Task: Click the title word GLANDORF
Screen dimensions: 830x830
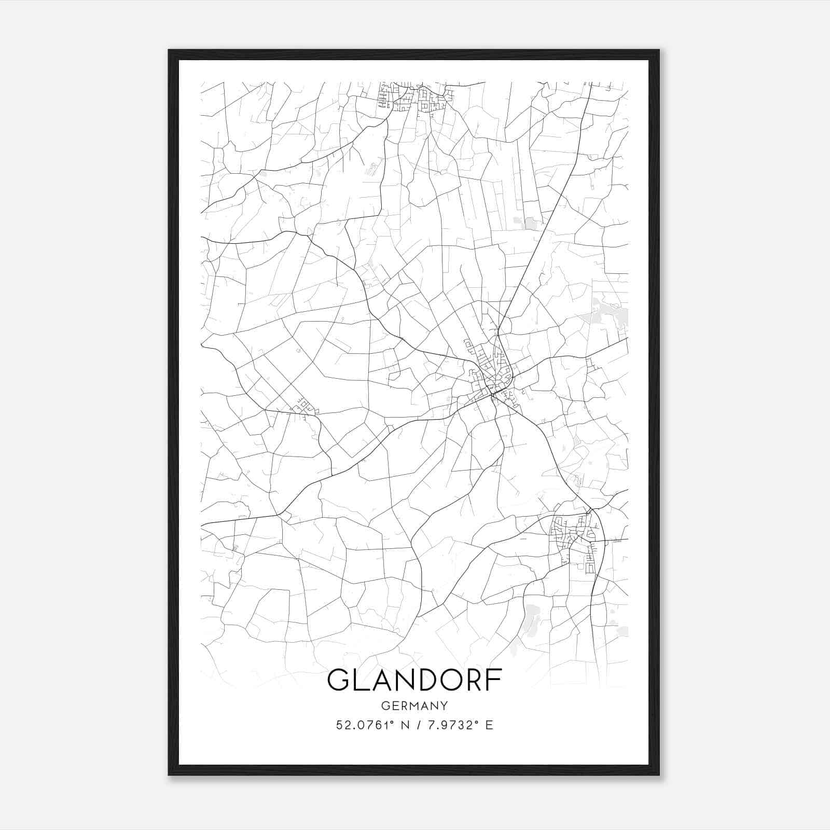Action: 414,680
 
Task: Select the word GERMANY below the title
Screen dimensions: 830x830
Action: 414,706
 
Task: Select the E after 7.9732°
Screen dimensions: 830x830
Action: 489,725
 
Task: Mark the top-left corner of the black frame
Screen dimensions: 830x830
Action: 169,50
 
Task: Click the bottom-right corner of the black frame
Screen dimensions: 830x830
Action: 659,775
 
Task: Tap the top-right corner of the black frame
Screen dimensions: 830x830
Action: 659,50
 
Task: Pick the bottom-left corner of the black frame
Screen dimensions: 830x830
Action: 169,775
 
